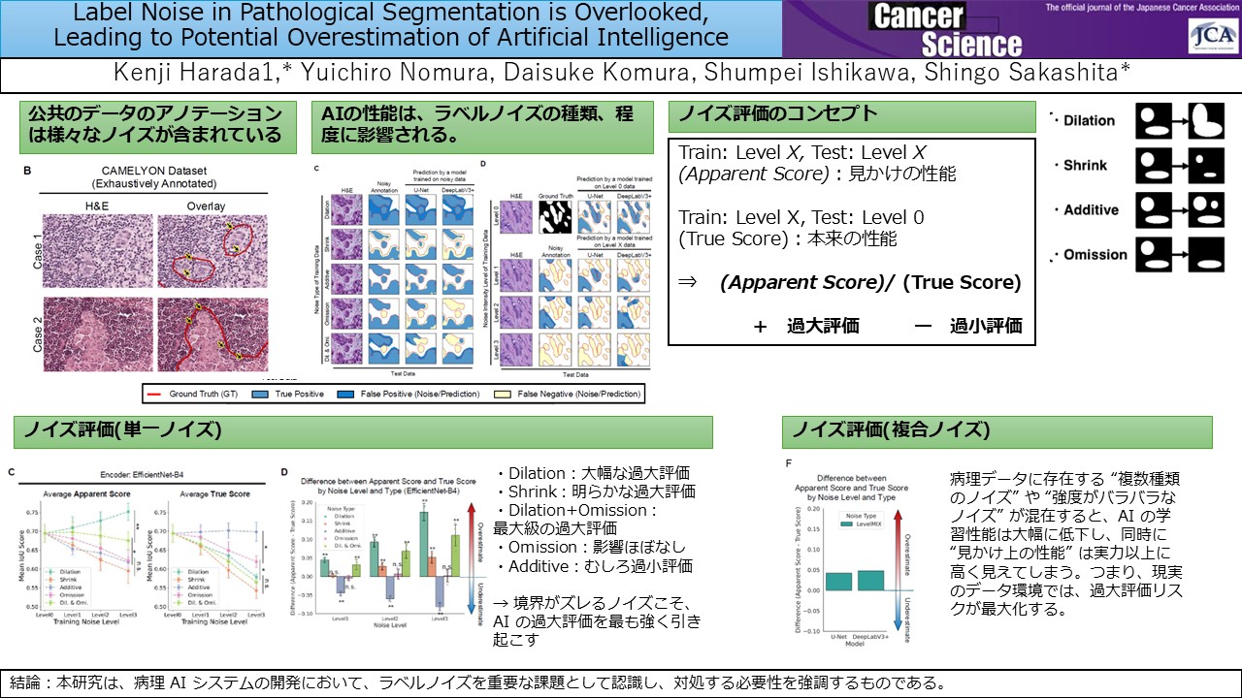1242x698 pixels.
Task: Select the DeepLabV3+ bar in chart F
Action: click(871, 580)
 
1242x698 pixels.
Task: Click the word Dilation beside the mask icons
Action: click(1089, 121)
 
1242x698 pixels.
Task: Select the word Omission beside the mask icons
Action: click(1095, 255)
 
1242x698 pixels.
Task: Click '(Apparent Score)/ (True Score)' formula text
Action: click(870, 283)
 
